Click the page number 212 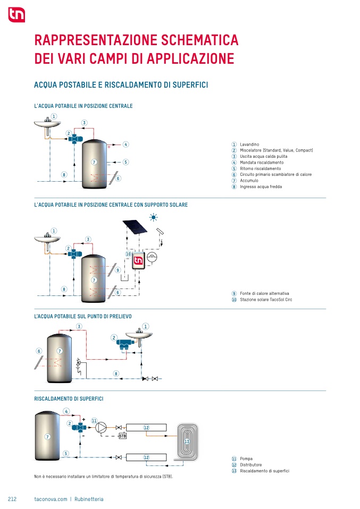[x=13, y=499]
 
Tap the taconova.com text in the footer [x=51, y=499]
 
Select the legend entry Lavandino [x=249, y=145]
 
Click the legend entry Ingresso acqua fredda [x=261, y=186]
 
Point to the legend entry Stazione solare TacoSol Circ [x=266, y=300]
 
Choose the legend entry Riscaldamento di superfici [x=264, y=471]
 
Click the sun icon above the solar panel [x=154, y=217]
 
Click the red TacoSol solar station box [x=138, y=261]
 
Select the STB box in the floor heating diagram [x=122, y=436]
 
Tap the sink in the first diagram [x=48, y=124]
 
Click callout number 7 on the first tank [x=94, y=162]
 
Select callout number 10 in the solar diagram [x=128, y=254]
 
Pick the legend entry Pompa [x=246, y=459]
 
